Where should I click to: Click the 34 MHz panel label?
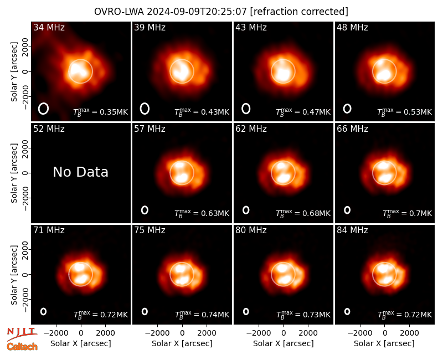[x=49, y=27]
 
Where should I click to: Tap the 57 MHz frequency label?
[x=150, y=129]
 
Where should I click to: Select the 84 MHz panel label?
[x=352, y=230]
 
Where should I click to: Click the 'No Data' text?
[x=80, y=172]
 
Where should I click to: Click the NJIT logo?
[x=22, y=334]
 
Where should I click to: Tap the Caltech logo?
[x=22, y=347]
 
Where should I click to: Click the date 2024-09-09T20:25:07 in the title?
[x=197, y=12]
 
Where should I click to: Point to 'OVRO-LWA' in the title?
[x=119, y=12]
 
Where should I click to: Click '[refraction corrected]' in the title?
[x=299, y=12]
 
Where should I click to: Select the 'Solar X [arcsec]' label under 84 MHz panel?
[x=384, y=343]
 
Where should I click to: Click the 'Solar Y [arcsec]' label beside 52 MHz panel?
[x=14, y=173]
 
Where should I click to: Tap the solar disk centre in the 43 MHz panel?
[x=283, y=71]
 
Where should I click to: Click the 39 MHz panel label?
[x=150, y=27]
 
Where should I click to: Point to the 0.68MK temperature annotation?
[x=303, y=213]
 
